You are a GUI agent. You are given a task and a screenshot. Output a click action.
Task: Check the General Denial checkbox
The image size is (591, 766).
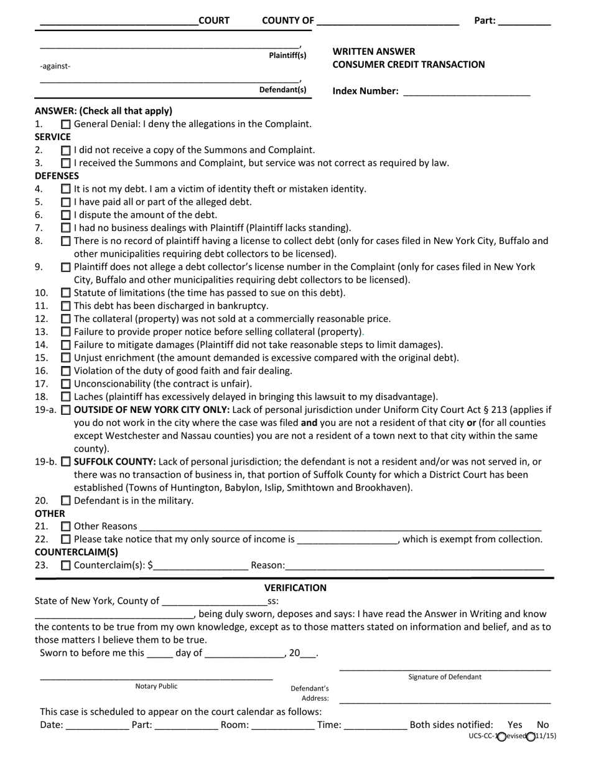[x=66, y=124]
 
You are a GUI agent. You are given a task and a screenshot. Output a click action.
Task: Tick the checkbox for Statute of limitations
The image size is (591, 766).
[x=66, y=293]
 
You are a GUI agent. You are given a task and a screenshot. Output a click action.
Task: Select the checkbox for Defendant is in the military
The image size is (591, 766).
[x=66, y=501]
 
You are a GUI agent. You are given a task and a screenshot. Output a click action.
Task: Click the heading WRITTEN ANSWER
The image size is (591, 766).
[x=374, y=52]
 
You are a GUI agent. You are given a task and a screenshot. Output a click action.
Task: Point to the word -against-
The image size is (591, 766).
[x=55, y=66]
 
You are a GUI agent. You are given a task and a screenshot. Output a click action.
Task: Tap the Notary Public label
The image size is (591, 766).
[x=156, y=686]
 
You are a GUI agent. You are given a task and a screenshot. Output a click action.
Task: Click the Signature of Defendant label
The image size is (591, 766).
[x=444, y=677]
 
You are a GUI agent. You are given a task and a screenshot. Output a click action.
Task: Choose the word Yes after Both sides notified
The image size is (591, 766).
[x=515, y=725]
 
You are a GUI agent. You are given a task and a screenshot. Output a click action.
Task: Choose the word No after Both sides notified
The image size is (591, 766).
[x=542, y=725]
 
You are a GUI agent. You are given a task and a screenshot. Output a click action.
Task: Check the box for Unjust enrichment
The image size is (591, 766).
[x=66, y=358]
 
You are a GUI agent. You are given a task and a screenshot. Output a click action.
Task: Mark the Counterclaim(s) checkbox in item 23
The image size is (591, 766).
[x=66, y=566]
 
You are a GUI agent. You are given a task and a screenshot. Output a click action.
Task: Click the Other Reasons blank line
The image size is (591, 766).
[x=339, y=526]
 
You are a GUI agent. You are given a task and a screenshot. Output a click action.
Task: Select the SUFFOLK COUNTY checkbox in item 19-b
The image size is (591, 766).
[x=66, y=462]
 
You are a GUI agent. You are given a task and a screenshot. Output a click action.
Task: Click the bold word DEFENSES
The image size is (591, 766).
[x=57, y=176]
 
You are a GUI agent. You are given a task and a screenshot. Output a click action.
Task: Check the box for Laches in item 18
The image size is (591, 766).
[x=66, y=397]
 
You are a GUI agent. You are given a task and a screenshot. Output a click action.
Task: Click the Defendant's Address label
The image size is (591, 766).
[x=310, y=693]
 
